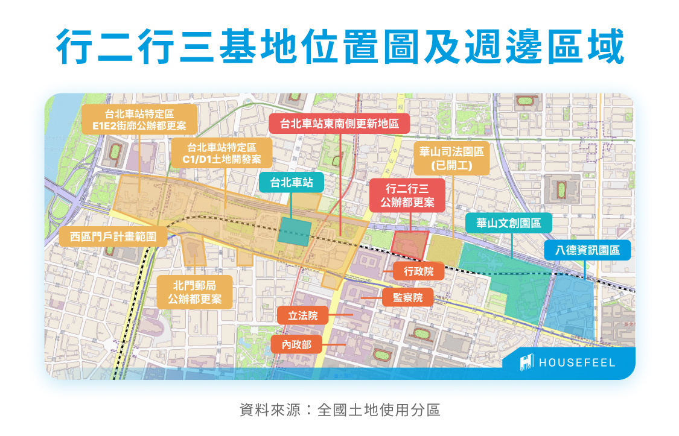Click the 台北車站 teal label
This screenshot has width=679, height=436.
coord(292,183)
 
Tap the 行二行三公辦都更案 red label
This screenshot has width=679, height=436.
coord(407,195)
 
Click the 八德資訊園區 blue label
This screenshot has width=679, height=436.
coord(588,250)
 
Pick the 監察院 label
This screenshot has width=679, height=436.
coord(407,297)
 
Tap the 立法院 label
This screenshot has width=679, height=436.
coord(302,315)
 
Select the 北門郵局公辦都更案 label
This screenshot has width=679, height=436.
coord(195,292)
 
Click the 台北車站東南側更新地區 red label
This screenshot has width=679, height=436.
coord(339,124)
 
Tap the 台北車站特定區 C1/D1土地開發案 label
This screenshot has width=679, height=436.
coord(221,153)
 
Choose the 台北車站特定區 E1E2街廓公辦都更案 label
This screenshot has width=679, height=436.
coord(139,119)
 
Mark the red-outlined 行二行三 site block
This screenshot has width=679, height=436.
coord(409,245)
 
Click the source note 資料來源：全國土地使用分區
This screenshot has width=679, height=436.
coord(339,411)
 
